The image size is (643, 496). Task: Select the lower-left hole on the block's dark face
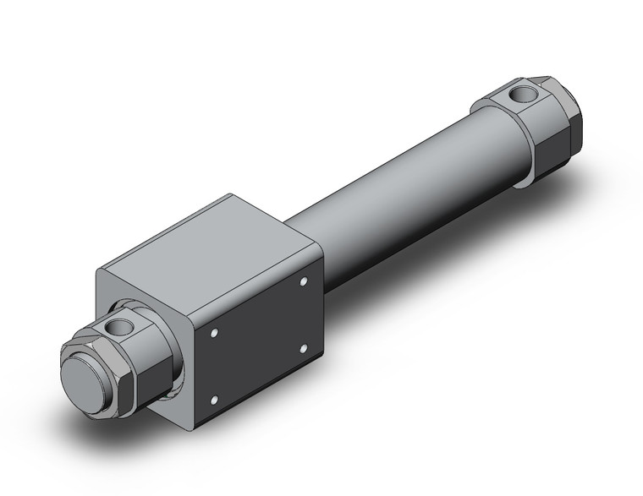tap(215, 397)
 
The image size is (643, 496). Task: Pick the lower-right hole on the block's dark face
tap(304, 345)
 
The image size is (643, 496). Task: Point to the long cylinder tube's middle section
tap(398, 190)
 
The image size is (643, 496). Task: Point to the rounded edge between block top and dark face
tap(254, 279)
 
